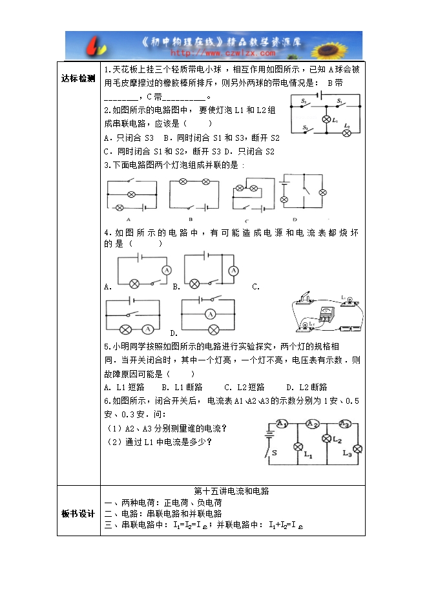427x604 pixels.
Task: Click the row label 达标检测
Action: (78, 78)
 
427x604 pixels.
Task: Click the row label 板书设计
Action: (78, 514)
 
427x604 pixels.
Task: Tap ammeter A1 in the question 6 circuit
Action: (282, 424)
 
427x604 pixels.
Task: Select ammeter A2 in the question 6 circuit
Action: (313, 424)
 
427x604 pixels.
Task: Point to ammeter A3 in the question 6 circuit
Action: (344, 424)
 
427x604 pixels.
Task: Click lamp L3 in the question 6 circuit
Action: (356, 449)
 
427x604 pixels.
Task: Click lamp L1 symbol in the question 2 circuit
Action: (326, 120)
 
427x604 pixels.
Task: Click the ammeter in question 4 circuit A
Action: (166, 269)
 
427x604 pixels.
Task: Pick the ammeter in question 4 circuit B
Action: (233, 269)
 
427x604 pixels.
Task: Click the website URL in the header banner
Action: (213, 54)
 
